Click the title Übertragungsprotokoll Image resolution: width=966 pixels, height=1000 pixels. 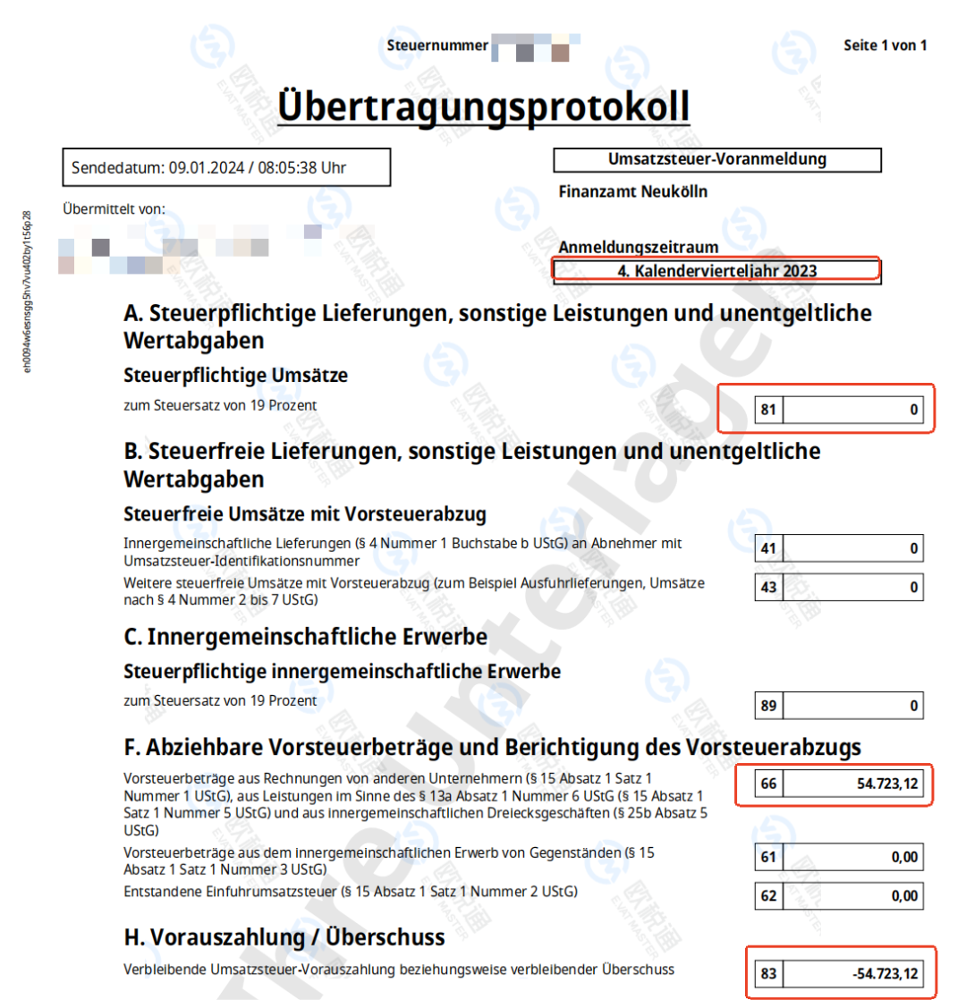click(x=483, y=106)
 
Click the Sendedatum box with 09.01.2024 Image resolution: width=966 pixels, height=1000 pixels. click(x=226, y=167)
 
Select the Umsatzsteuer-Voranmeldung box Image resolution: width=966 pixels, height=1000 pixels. click(x=717, y=159)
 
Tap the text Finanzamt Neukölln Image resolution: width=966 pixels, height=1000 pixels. click(x=632, y=191)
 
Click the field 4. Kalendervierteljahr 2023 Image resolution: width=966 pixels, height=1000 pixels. click(x=717, y=270)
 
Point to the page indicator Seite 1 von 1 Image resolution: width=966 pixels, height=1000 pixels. click(x=885, y=46)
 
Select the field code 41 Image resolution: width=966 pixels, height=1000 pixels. click(x=768, y=547)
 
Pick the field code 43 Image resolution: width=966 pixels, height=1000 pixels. click(x=768, y=588)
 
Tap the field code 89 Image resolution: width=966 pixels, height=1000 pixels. click(x=768, y=706)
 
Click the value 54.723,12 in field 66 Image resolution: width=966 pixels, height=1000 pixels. click(x=881, y=784)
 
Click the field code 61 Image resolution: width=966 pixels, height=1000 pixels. click(x=768, y=857)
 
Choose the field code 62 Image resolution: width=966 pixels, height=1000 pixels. click(x=768, y=895)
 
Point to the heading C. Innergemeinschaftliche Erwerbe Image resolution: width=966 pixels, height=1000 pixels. click(x=306, y=637)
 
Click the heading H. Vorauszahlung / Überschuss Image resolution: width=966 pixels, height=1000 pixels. click(x=284, y=938)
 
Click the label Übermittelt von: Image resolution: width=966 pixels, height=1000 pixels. click(x=114, y=208)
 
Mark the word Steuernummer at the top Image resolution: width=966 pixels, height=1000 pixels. click(x=437, y=46)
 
